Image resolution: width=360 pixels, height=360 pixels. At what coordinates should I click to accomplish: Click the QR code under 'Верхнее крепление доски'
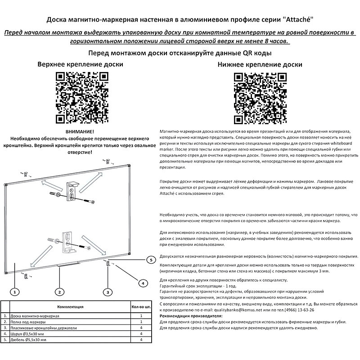81,97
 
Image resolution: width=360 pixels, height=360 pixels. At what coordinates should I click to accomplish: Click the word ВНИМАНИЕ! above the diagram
81,130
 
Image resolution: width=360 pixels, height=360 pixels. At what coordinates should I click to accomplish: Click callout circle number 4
142,283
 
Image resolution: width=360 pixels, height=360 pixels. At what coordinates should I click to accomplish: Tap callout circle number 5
151,260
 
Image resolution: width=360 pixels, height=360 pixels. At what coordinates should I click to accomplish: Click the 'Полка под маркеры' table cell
27,322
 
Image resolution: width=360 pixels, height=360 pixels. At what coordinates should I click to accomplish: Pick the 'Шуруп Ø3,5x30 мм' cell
27,333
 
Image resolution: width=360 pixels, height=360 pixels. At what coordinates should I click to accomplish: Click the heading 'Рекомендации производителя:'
191,316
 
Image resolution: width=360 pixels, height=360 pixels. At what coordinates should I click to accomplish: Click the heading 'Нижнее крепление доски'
260,64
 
